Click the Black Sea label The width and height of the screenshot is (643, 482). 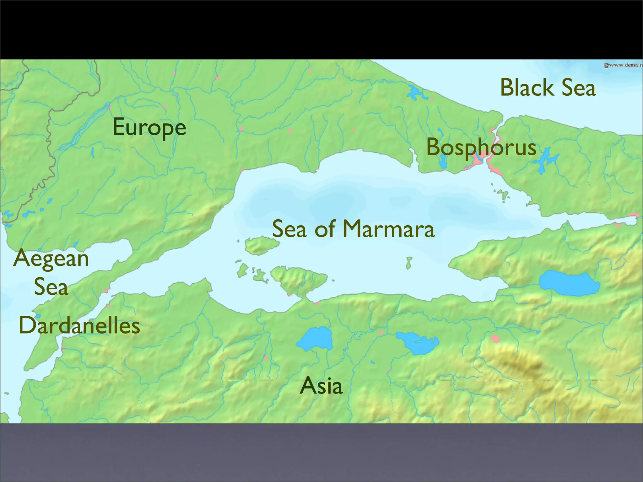(548, 88)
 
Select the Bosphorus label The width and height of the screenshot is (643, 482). (481, 147)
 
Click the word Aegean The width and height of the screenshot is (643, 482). (51, 259)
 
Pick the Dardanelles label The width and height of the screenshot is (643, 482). (79, 325)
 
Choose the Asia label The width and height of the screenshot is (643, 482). (321, 386)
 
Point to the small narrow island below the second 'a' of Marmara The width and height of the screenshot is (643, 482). (409, 263)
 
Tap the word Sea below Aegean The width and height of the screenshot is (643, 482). (51, 287)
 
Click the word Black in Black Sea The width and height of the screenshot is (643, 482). (526, 88)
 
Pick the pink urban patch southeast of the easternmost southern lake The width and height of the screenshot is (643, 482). (495, 338)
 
